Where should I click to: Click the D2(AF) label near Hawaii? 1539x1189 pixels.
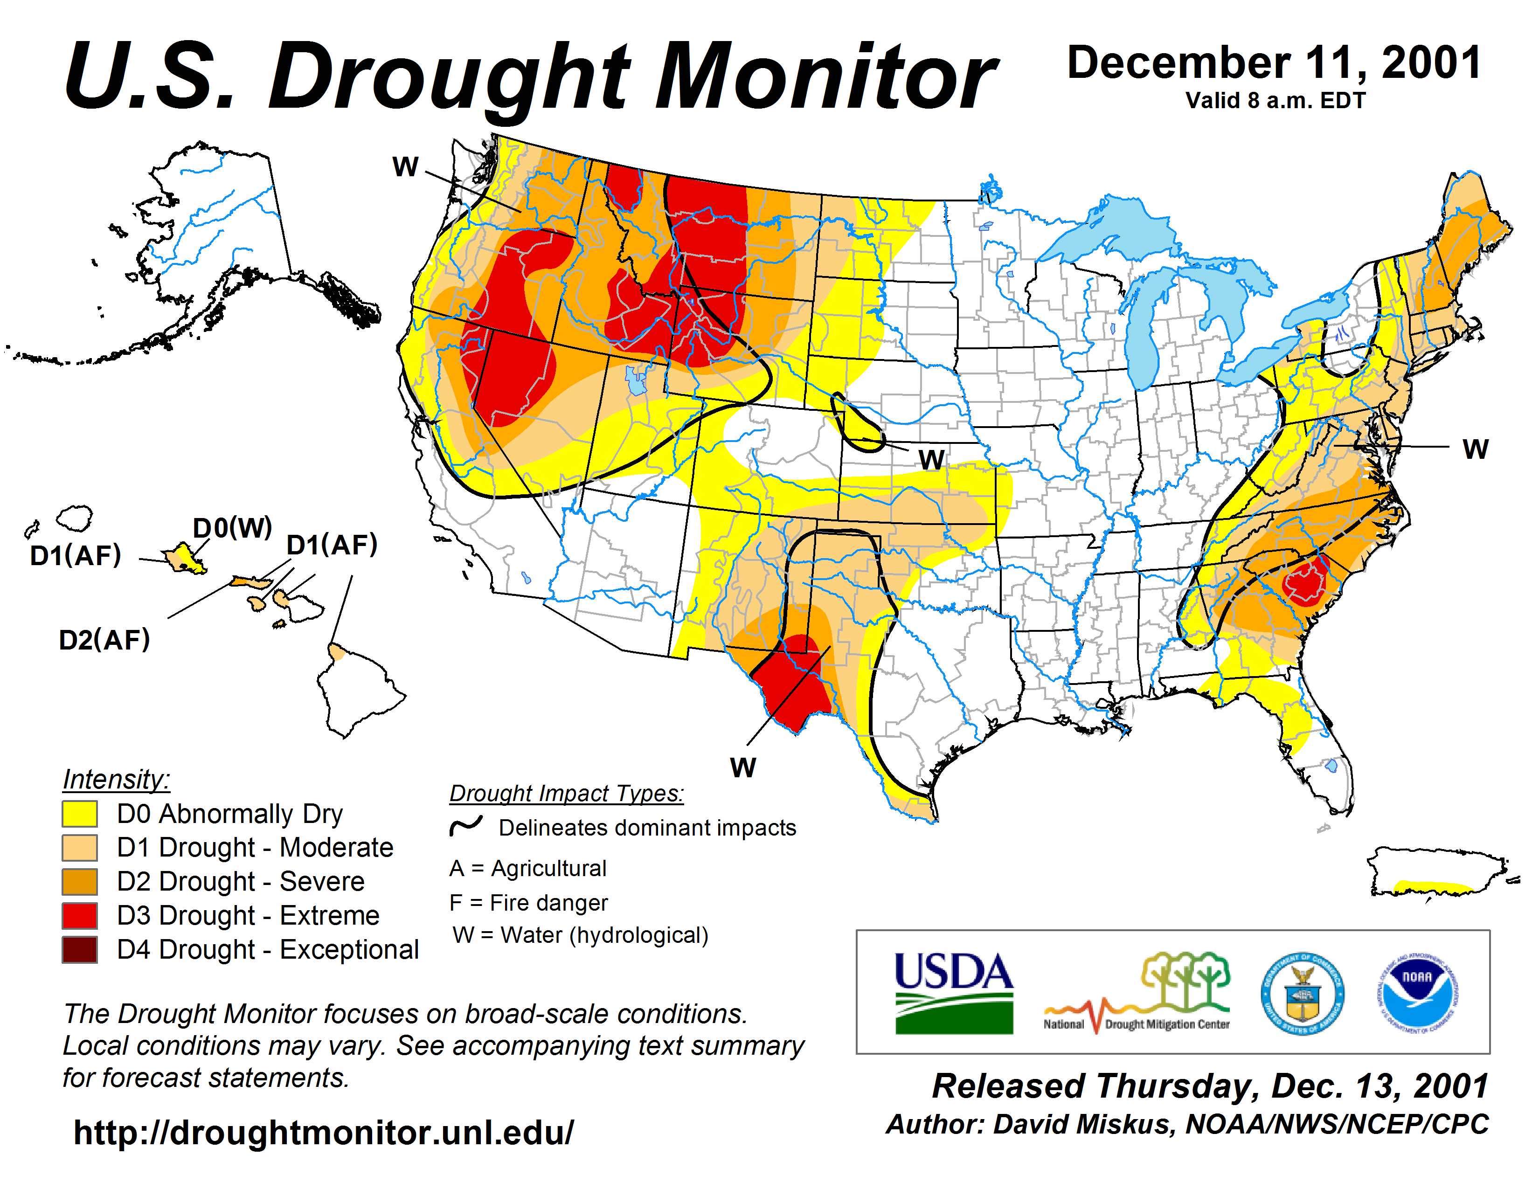[x=104, y=640]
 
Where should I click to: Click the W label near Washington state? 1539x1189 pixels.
[x=405, y=167]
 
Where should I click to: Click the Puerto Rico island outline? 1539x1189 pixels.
[x=1437, y=873]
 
